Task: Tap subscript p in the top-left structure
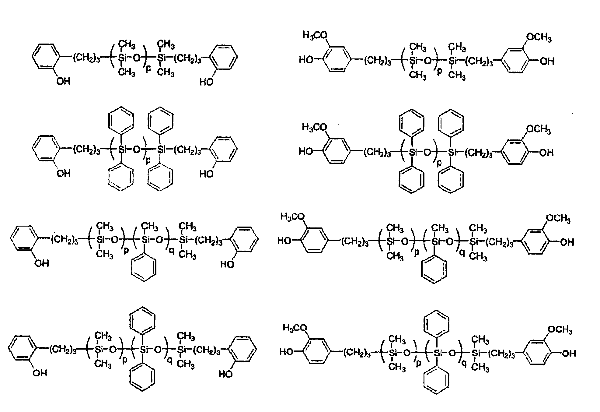coord(148,69)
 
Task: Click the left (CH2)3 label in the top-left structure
coord(86,58)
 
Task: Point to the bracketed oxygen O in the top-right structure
coord(428,61)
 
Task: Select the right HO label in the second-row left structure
coord(207,174)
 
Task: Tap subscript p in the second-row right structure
coord(439,163)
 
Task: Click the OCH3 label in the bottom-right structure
coord(560,330)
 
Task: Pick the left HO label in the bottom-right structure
coord(287,352)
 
